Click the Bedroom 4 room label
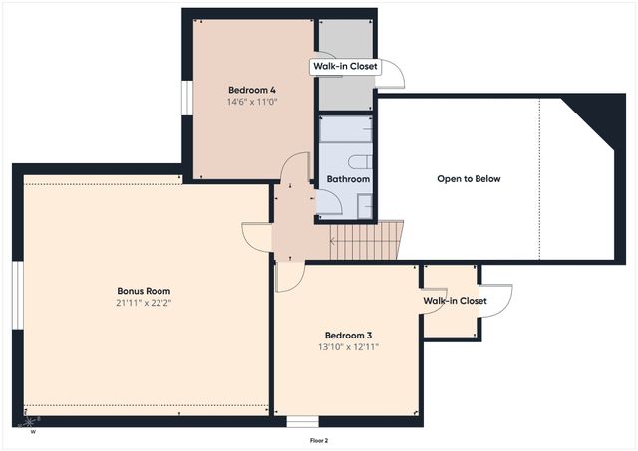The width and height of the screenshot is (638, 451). tap(252, 90)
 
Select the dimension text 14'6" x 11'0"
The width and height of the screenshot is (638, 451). tap(252, 102)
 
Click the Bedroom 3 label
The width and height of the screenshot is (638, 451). tap(348, 335)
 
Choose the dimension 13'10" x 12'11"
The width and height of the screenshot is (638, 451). tap(348, 347)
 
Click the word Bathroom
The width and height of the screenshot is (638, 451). tap(348, 179)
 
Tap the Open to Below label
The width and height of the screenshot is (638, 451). tap(469, 179)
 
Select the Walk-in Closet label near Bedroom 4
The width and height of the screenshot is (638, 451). tap(345, 67)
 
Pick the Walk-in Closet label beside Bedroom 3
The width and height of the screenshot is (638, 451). tap(455, 300)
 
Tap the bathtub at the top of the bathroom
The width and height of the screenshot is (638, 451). tap(345, 130)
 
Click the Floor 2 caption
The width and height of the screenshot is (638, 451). tap(319, 440)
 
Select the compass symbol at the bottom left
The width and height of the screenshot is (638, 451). tap(28, 423)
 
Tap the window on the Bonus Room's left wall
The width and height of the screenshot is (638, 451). tap(17, 294)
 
